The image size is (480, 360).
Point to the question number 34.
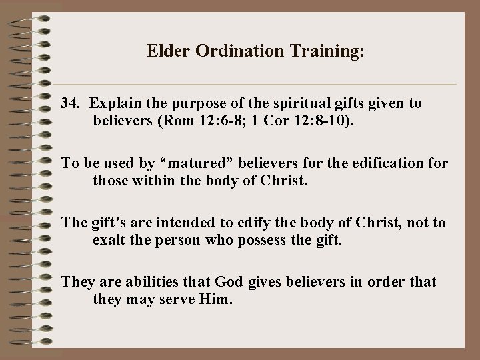pos(71,103)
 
